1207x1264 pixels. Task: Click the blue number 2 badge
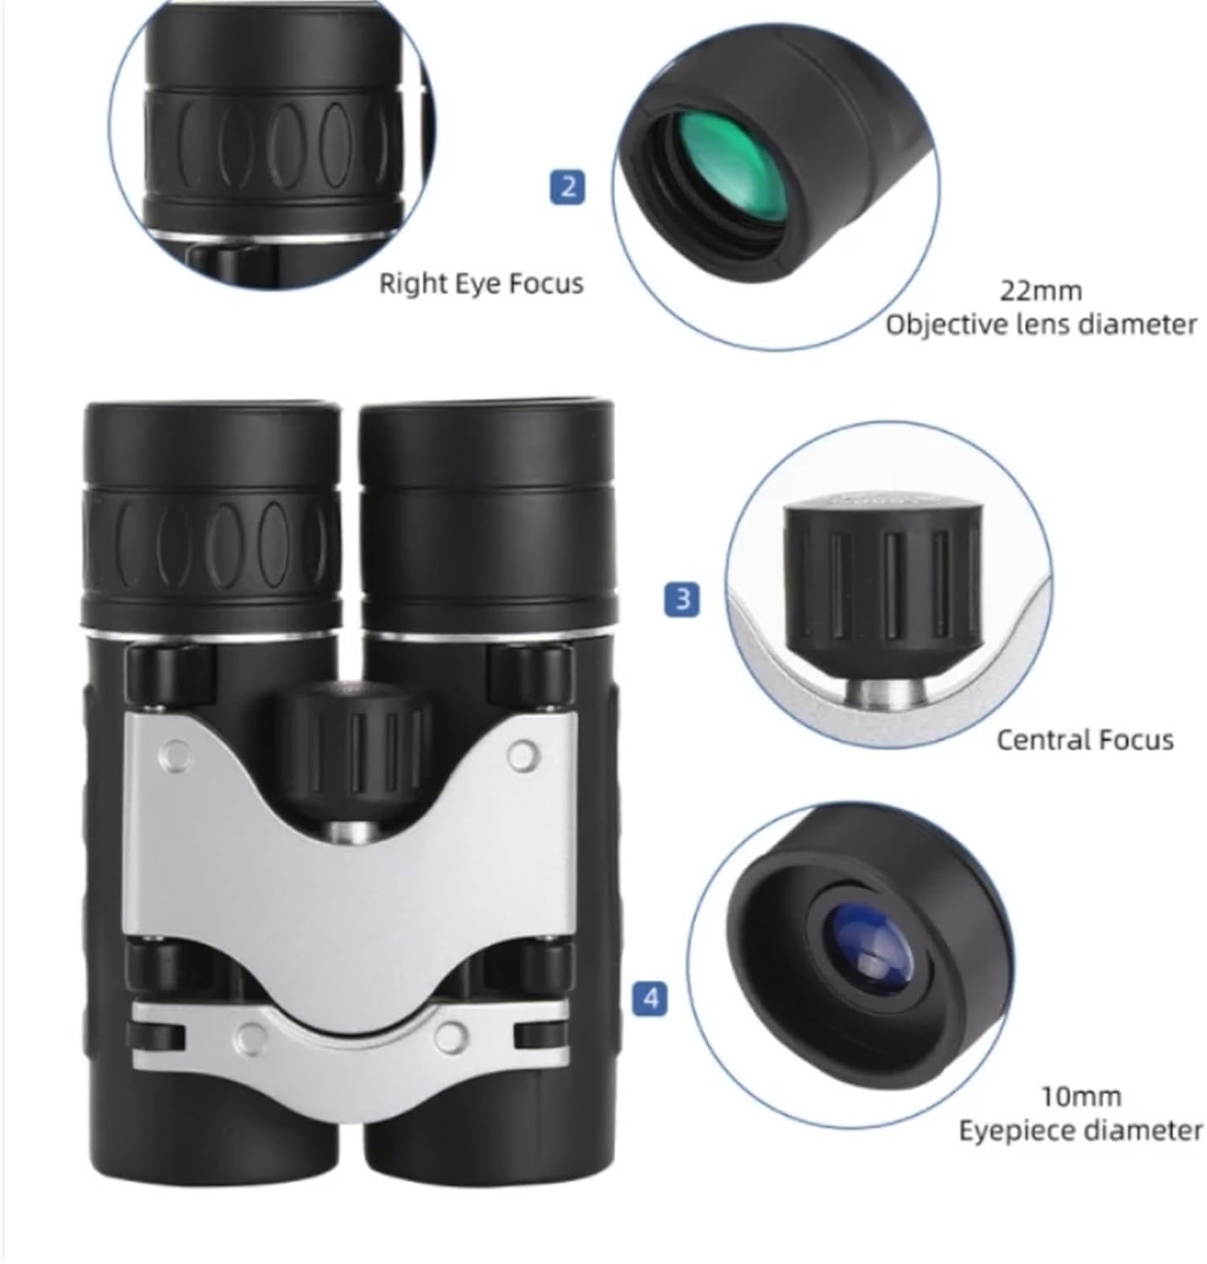click(567, 185)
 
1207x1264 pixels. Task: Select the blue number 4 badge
click(650, 999)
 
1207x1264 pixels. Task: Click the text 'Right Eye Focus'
click(480, 283)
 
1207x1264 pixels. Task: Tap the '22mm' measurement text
click(1040, 291)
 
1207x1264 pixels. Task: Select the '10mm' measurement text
click(1081, 1096)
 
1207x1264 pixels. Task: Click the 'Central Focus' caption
click(1085, 740)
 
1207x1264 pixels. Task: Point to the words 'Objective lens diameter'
click(1041, 324)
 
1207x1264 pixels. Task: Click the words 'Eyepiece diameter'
click(1081, 1130)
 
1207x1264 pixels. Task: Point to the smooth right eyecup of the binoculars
click(487, 447)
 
